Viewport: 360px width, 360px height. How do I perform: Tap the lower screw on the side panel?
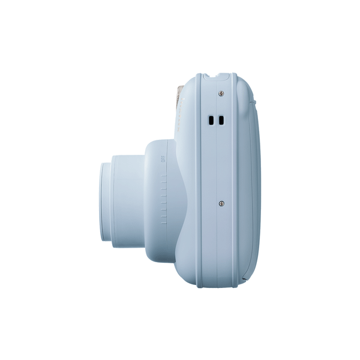coord(221,203)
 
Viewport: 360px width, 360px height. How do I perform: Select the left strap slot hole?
coord(211,121)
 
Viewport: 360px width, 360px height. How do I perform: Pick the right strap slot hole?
coord(221,121)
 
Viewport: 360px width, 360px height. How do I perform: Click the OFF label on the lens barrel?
coord(163,158)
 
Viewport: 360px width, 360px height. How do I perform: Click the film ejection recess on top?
coord(217,76)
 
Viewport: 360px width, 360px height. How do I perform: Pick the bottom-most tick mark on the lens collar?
coord(163,224)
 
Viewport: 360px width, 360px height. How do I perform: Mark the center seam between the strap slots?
coord(216,121)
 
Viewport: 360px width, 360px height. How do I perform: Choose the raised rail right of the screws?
coord(235,180)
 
